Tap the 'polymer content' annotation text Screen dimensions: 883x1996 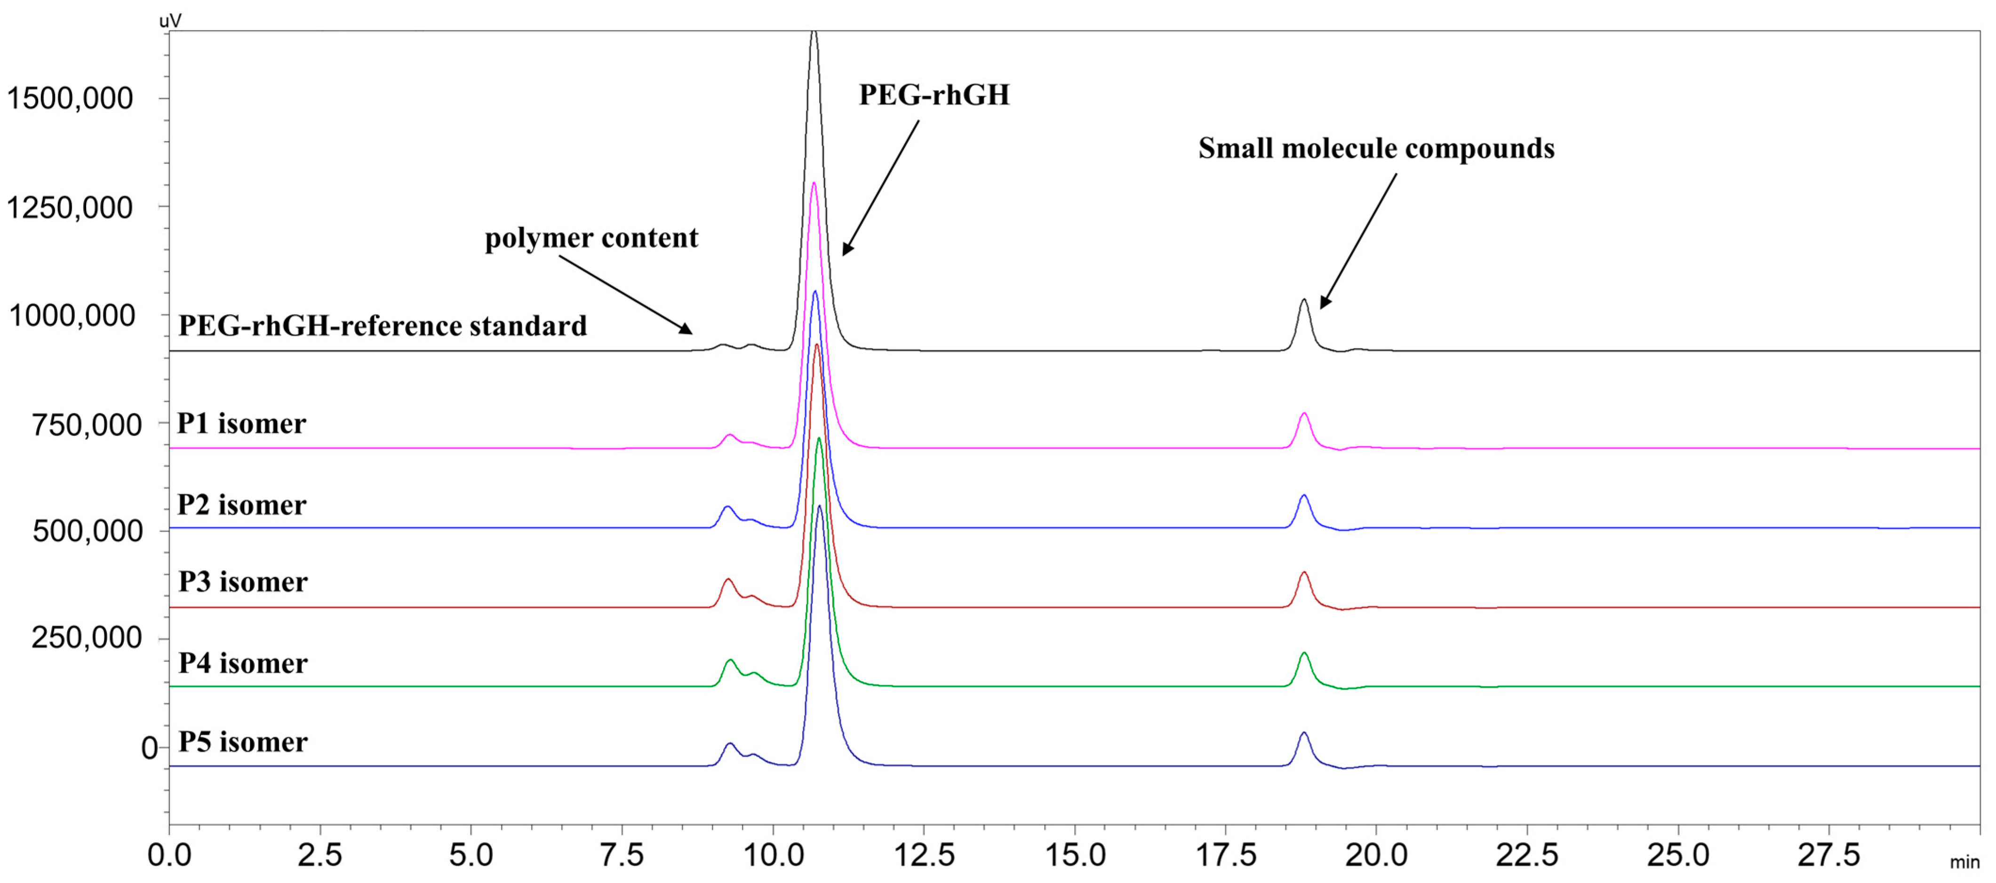(591, 238)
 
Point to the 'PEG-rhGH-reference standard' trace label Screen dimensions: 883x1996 (382, 326)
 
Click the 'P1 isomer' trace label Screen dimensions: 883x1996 (242, 424)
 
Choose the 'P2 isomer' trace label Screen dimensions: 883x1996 (242, 505)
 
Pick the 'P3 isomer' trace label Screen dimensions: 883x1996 (242, 582)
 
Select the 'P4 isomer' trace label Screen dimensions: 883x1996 (242, 663)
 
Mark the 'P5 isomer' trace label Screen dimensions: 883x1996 (242, 742)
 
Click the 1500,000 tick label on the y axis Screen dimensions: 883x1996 (70, 98)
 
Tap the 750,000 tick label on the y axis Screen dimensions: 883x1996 (86, 425)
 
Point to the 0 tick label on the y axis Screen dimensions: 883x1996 (149, 748)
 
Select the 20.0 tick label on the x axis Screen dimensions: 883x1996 (1376, 855)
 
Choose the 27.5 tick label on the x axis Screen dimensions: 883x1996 (1828, 855)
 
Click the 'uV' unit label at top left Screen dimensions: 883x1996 (170, 21)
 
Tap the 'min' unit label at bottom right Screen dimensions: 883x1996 (1964, 862)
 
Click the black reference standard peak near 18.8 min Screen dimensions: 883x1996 (1304, 303)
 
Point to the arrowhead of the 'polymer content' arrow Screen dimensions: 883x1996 (687, 331)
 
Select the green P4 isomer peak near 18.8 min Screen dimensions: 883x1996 (1304, 657)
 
